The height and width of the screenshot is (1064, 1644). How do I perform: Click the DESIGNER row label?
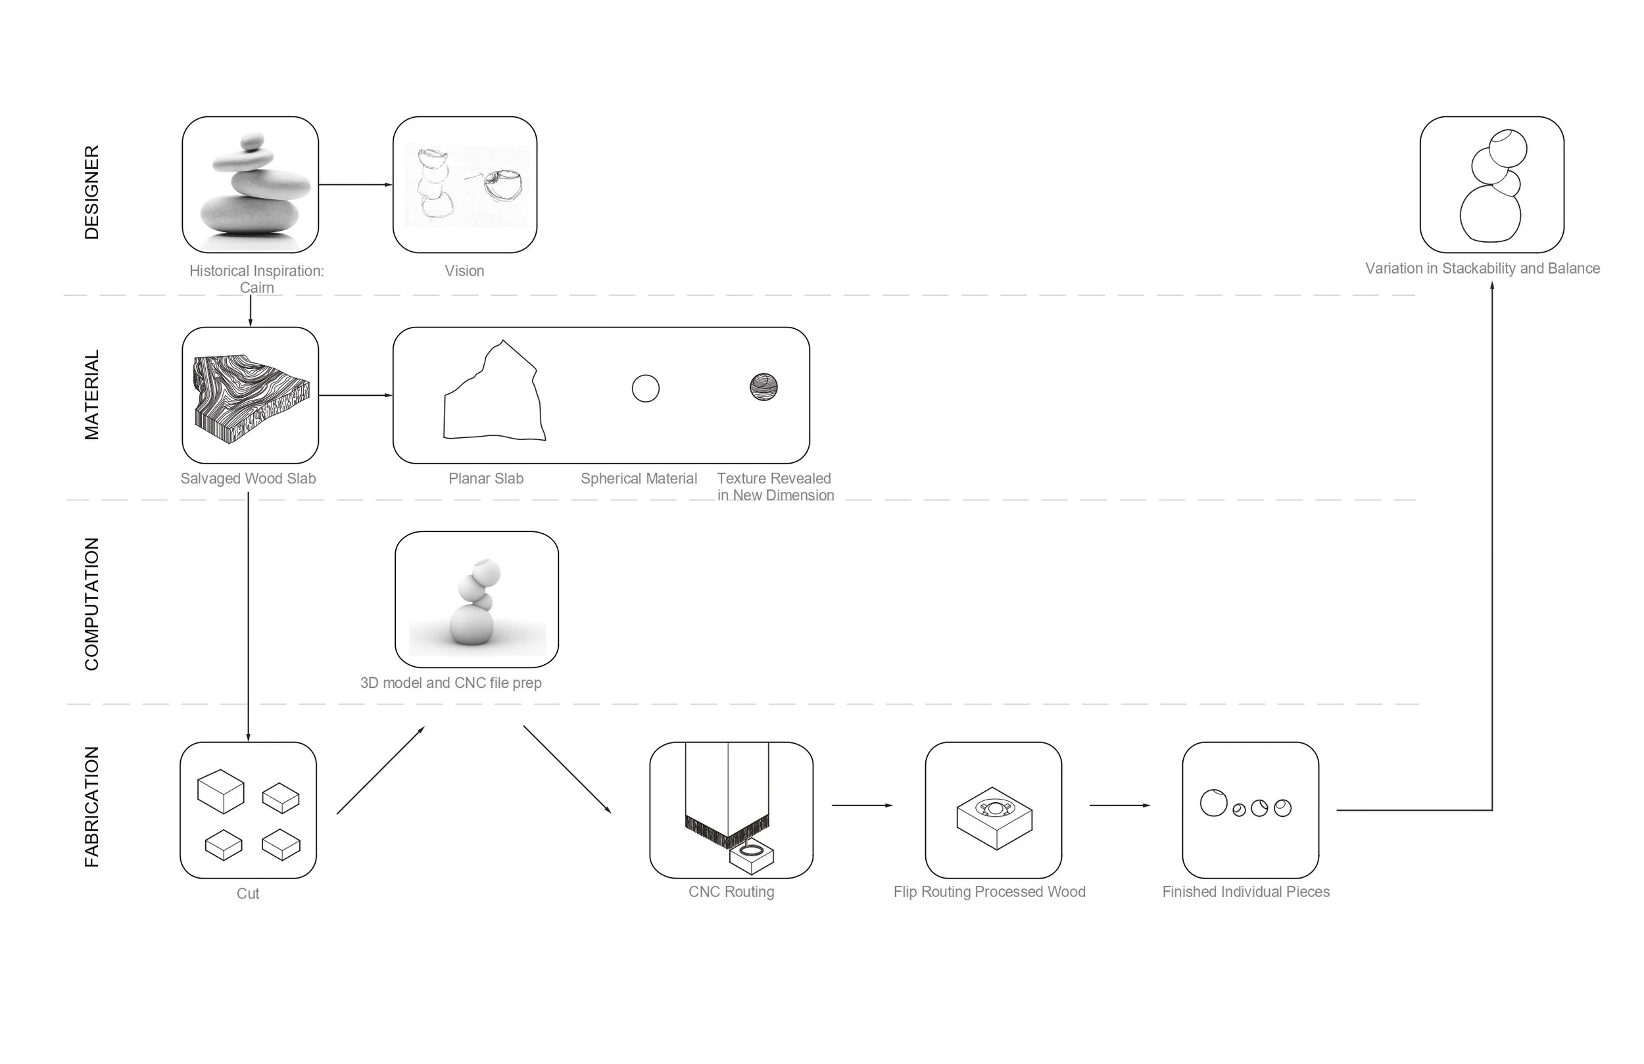pyautogui.click(x=91, y=192)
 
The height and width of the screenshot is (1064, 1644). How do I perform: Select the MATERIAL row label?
pyautogui.click(x=91, y=395)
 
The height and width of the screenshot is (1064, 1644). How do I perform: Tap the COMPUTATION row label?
pyautogui.click(x=91, y=604)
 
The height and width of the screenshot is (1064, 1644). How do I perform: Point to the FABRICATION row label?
pyautogui.click(x=91, y=806)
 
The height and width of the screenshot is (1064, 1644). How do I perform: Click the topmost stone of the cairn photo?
pyautogui.click(x=252, y=141)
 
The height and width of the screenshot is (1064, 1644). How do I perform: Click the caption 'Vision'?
pyautogui.click(x=464, y=271)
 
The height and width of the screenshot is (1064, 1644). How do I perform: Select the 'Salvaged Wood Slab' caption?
pyautogui.click(x=248, y=478)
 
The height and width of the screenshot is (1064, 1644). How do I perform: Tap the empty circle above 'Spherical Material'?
pyautogui.click(x=645, y=388)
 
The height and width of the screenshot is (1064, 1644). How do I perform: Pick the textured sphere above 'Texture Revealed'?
pyautogui.click(x=763, y=387)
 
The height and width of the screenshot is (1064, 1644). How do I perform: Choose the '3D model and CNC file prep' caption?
pyautogui.click(x=450, y=683)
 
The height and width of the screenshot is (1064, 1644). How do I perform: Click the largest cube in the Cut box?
pyautogui.click(x=220, y=791)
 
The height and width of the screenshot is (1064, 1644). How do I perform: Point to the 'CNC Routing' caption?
pyautogui.click(x=731, y=891)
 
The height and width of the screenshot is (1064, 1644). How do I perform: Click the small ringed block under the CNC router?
pyautogui.click(x=752, y=855)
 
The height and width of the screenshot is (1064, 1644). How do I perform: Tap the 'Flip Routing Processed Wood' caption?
pyautogui.click(x=989, y=891)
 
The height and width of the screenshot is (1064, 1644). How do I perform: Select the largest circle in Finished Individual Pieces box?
pyautogui.click(x=1213, y=803)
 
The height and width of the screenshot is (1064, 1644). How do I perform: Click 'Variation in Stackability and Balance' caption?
pyautogui.click(x=1482, y=268)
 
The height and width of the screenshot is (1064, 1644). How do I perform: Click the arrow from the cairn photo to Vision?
pyautogui.click(x=355, y=185)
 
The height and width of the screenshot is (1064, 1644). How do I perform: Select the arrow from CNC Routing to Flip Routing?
pyautogui.click(x=862, y=805)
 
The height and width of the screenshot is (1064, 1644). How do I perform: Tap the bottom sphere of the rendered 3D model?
pyautogui.click(x=471, y=625)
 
